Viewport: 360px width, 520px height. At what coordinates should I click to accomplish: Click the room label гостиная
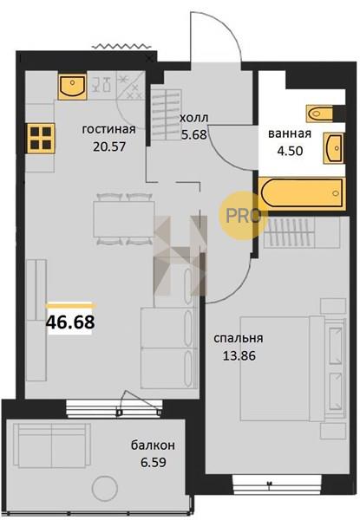coord(108,129)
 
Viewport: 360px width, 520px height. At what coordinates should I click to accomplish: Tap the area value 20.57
coord(109,146)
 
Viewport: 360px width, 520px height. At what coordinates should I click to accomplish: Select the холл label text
coord(194,118)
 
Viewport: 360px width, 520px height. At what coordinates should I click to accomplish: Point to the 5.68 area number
coord(194,134)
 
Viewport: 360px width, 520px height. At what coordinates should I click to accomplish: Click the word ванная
coord(290,133)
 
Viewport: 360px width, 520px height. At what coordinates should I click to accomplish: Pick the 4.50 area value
coord(290,151)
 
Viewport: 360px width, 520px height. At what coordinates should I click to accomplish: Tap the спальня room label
coord(239,338)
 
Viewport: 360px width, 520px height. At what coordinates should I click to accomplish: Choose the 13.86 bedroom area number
coord(239,356)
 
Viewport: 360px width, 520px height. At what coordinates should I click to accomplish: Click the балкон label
coord(153,445)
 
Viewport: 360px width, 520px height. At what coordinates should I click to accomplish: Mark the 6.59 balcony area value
coord(154,462)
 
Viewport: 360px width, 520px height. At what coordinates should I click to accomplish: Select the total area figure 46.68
coord(70,322)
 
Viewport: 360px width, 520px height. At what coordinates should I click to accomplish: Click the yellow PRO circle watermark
coord(243,216)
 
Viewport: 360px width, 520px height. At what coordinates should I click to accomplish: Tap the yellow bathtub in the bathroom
coord(302,193)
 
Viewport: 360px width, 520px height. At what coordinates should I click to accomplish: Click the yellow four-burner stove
coord(41,138)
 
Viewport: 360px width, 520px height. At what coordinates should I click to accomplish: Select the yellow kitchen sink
coord(72,87)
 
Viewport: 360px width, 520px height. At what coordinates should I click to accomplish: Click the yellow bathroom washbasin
coord(334,148)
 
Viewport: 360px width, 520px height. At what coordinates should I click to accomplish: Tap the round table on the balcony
coord(105,488)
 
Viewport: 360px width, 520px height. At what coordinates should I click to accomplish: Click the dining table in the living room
coord(124,219)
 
